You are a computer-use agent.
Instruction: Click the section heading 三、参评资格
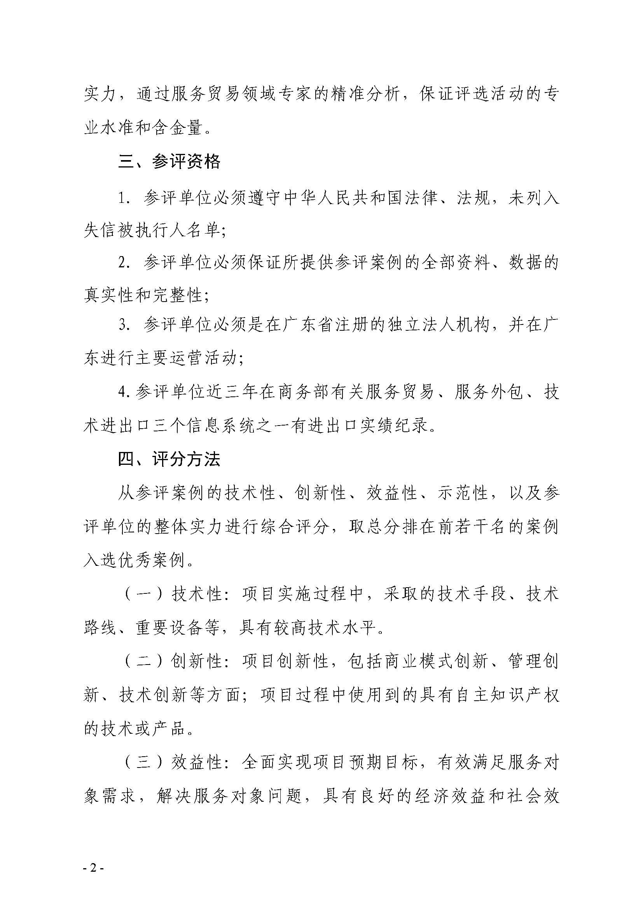pyautogui.click(x=169, y=162)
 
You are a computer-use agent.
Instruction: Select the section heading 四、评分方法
pyautogui.click(x=169, y=459)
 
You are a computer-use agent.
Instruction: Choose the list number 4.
pyautogui.click(x=124, y=392)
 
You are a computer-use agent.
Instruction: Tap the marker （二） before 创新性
pyautogui.click(x=143, y=661)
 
